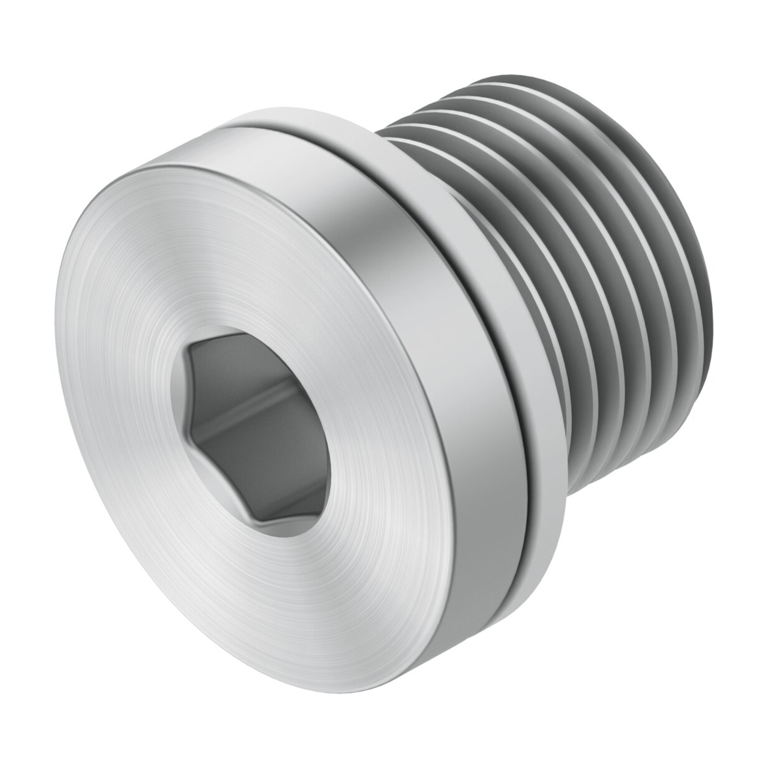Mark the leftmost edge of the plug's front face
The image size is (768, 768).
coord(55,336)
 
